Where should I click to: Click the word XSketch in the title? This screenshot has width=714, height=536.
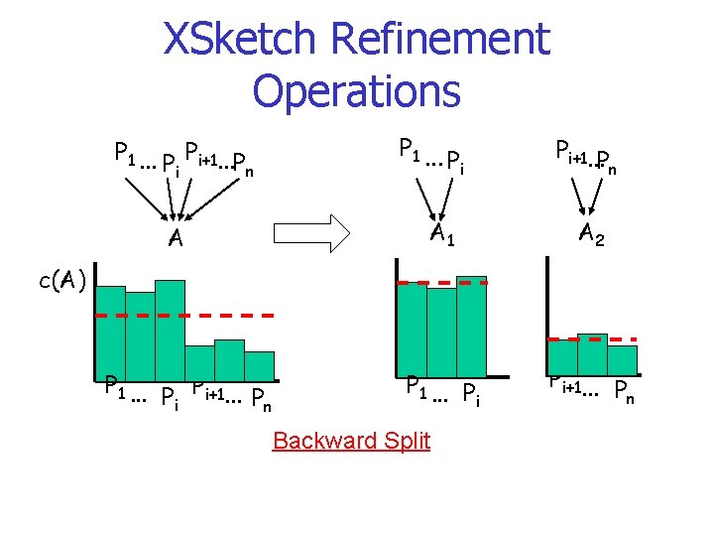(240, 40)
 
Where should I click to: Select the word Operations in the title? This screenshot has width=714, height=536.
(356, 90)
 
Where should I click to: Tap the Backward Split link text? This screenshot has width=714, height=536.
(351, 440)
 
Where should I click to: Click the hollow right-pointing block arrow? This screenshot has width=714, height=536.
(311, 234)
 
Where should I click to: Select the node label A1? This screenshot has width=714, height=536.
(441, 234)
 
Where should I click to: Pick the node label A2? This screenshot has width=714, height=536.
(593, 234)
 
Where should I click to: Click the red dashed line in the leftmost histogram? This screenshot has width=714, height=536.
(183, 315)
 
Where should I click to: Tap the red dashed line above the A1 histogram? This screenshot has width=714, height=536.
(441, 283)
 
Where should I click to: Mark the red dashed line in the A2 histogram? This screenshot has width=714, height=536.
(593, 338)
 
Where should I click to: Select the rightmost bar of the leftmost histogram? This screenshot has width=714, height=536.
(259, 364)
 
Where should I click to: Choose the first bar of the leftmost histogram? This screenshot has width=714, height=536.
(109, 333)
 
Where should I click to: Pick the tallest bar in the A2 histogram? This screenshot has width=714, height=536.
(592, 352)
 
